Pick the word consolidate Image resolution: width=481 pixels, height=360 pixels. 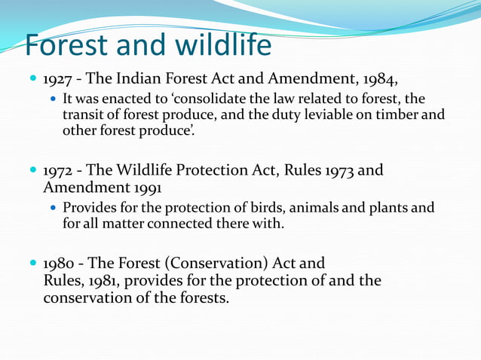[240, 99]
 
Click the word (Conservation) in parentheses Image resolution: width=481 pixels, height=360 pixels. [213, 264]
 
